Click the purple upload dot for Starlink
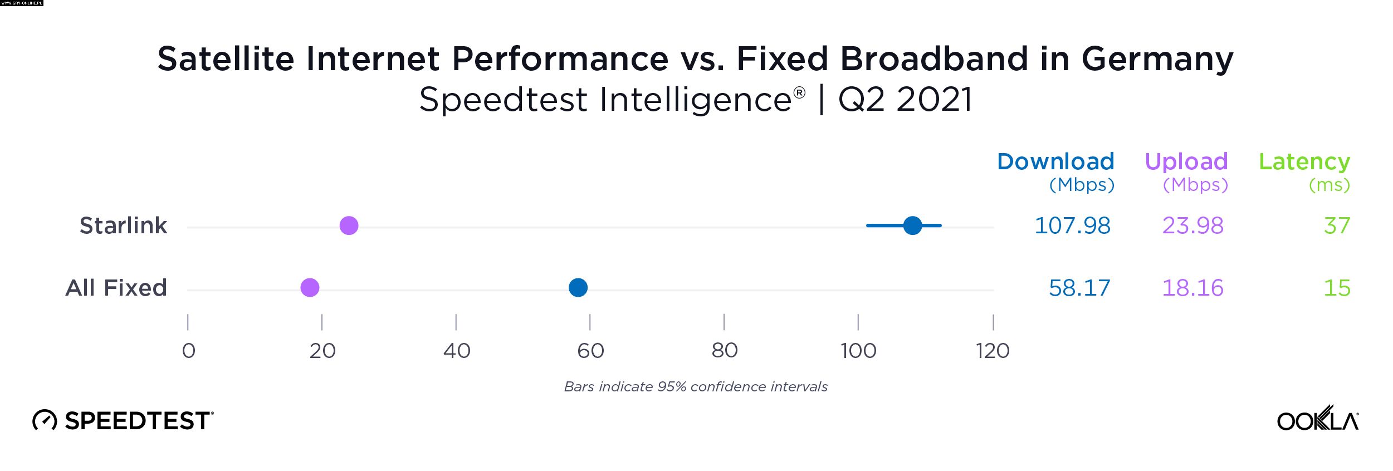[x=349, y=225]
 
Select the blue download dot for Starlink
[x=912, y=225]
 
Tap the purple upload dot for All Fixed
[x=310, y=288]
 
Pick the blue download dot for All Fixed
[x=578, y=288]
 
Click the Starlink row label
[x=123, y=225]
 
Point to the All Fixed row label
[x=116, y=288]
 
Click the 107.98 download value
[x=1072, y=225]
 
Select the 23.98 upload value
[x=1192, y=225]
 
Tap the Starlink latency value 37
[x=1337, y=225]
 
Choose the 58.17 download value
[x=1079, y=288]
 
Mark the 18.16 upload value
[x=1192, y=288]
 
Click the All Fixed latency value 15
[x=1337, y=288]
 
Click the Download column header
[x=1055, y=161]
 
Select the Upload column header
[x=1186, y=161]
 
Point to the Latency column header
[x=1304, y=161]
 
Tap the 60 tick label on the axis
[x=590, y=351]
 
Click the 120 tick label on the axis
[x=993, y=351]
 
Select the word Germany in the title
[x=1157, y=59]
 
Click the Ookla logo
[x=1318, y=419]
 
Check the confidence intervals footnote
[x=696, y=386]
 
